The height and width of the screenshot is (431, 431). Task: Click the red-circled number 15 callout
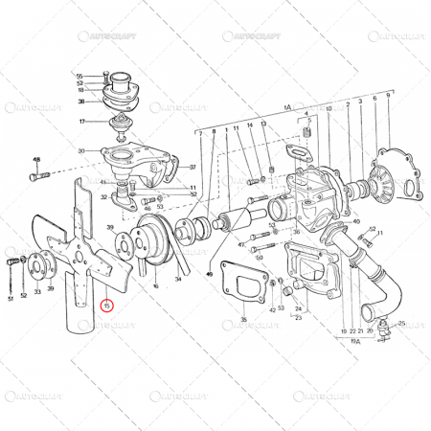click(107, 306)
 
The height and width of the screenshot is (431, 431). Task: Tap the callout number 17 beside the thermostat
click(83, 122)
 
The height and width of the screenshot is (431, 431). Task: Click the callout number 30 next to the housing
click(82, 150)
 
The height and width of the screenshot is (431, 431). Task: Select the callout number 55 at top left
click(80, 76)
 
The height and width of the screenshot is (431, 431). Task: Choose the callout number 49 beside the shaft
click(208, 245)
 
